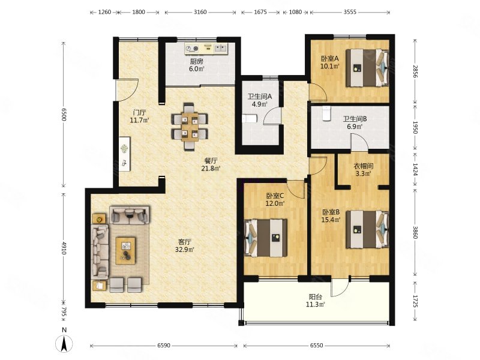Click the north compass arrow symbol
click(64, 344)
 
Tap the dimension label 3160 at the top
click(200, 12)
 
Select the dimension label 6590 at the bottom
click(164, 346)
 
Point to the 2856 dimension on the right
click(415, 71)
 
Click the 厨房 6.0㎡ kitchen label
click(197, 65)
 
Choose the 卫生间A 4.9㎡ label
click(260, 100)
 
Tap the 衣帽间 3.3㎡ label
click(364, 170)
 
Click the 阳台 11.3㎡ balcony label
click(316, 301)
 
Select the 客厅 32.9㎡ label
click(185, 246)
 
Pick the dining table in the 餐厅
click(190, 127)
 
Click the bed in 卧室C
click(266, 238)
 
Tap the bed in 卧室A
click(367, 68)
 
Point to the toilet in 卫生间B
click(327, 113)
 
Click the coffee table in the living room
click(125, 251)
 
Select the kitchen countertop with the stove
click(206, 49)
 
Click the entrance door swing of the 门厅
click(127, 91)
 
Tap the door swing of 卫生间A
click(272, 116)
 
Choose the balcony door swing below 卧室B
click(340, 288)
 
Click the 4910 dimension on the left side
click(64, 248)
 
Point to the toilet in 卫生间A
click(250, 118)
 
